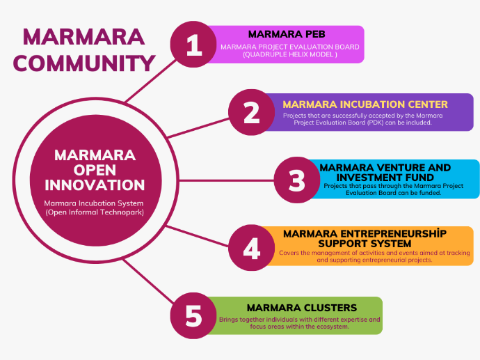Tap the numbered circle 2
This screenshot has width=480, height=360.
pyautogui.click(x=252, y=113)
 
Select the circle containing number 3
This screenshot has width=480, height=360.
pyautogui.click(x=297, y=180)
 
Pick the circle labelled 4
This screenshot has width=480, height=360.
pyautogui.click(x=252, y=247)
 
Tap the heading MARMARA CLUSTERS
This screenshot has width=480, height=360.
pyautogui.click(x=301, y=307)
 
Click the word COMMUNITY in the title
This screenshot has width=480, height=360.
pyautogui.click(x=84, y=63)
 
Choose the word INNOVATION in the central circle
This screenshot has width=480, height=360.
pyautogui.click(x=95, y=185)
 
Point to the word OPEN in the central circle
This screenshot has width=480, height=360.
pyautogui.click(x=95, y=169)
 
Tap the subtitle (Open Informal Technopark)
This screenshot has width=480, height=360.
pyautogui.click(x=95, y=212)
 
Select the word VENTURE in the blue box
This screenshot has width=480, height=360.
pyautogui.click(x=404, y=168)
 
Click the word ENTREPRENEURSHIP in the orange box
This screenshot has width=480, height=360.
pyautogui.click(x=374, y=233)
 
